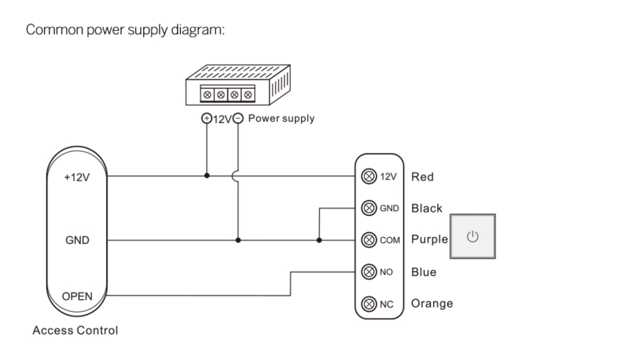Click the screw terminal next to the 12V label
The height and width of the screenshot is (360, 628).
[369, 176]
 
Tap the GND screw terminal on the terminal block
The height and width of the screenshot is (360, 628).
[369, 208]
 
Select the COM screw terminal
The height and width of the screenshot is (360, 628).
[369, 240]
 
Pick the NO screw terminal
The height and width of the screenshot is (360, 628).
[369, 272]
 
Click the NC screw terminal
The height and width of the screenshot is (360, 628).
[369, 304]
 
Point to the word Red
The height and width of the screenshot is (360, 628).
[422, 177]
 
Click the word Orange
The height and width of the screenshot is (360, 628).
[432, 303]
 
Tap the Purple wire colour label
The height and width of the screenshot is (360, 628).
[430, 239]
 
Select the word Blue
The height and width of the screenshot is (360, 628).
[424, 272]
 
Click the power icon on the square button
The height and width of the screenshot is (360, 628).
[473, 237]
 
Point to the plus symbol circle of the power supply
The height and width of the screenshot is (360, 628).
[207, 118]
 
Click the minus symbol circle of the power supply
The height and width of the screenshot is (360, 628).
[238, 118]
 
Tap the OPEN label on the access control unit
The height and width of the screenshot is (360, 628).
[77, 296]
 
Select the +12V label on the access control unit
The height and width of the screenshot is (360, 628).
[77, 177]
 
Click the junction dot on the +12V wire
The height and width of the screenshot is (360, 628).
[207, 175]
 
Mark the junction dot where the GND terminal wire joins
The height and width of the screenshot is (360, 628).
[319, 240]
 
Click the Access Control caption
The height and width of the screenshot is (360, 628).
[75, 330]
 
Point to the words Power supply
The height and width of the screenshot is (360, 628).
[281, 118]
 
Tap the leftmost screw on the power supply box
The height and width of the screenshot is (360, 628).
[207, 95]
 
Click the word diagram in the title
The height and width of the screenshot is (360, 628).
[197, 30]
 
